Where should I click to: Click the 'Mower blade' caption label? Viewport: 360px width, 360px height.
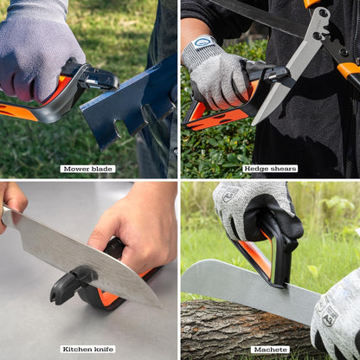coord(87,169)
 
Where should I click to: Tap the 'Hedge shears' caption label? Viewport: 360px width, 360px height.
coord(270,169)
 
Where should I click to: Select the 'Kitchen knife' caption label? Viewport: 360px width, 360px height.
coord(87,349)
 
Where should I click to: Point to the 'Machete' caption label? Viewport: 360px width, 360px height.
coord(270,349)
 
